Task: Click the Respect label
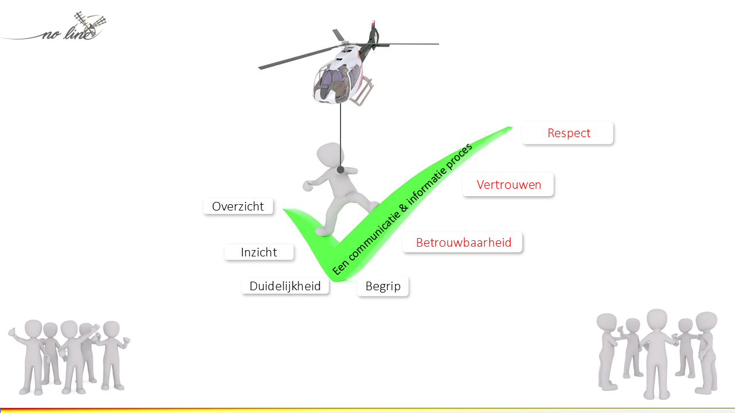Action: [x=568, y=133]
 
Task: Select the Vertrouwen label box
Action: [x=508, y=185]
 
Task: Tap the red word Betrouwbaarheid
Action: [x=463, y=243]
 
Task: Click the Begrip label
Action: [x=382, y=286]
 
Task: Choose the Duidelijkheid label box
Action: [x=285, y=286]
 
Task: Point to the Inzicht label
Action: [x=259, y=252]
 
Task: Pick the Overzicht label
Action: [x=238, y=206]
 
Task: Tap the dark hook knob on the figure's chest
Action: [x=341, y=170]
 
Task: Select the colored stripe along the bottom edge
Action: [x=367, y=410]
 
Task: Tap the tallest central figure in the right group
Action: [x=656, y=350]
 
